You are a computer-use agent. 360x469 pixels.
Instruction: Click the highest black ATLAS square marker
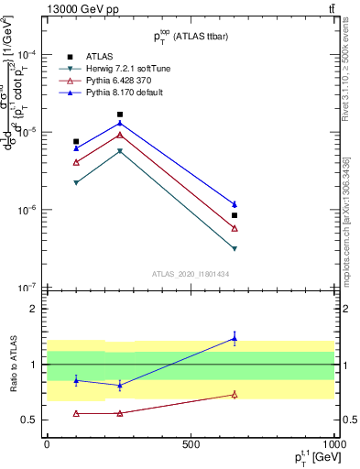119,115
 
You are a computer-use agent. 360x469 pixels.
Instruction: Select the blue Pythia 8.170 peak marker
119,124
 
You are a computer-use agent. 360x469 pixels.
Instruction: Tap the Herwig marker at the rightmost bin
235,248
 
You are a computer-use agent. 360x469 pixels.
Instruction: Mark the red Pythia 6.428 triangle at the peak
119,135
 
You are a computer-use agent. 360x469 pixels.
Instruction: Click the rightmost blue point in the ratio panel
235,338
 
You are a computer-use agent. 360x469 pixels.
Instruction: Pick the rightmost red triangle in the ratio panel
235,395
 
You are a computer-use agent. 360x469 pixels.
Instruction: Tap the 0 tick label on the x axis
47,443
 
